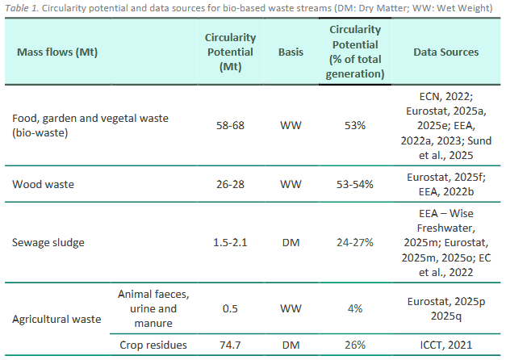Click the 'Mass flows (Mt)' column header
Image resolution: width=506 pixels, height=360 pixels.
(52, 52)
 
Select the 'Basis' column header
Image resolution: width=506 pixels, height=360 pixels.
(291, 52)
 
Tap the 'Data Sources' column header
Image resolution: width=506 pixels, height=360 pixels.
(445, 52)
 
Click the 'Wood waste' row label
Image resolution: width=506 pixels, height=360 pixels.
(43, 184)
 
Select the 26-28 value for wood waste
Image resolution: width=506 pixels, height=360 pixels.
(230, 184)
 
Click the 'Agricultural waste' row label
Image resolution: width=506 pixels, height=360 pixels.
(56, 319)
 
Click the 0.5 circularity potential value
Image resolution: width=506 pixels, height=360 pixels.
(230, 308)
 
